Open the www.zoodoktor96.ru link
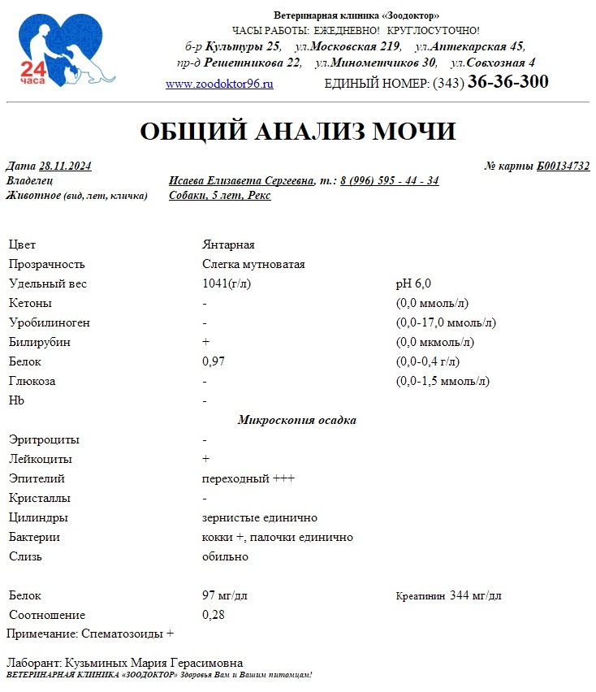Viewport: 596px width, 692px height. tap(219, 84)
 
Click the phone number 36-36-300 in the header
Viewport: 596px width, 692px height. tap(507, 82)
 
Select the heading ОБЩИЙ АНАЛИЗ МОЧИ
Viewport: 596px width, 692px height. tap(298, 132)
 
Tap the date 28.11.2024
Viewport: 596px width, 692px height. tap(65, 167)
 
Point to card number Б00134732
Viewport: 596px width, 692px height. tap(563, 167)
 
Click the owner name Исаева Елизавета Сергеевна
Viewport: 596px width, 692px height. tap(241, 180)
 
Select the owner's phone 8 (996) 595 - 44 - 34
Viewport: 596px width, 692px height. tap(390, 180)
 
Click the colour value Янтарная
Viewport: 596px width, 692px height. tap(228, 244)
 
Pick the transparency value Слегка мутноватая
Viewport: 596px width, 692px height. tap(253, 264)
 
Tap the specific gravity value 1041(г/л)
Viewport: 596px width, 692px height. tap(227, 283)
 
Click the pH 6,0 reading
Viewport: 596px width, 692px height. tap(413, 283)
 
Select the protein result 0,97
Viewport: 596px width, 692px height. tap(213, 361)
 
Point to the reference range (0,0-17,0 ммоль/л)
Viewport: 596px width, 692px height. tap(445, 322)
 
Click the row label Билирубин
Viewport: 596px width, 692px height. tap(39, 342)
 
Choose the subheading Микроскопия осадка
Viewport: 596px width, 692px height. tap(296, 420)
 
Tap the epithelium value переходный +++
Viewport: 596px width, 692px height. tap(248, 478)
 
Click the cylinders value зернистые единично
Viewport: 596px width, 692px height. tap(259, 517)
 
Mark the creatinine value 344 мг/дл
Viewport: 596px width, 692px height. tap(475, 595)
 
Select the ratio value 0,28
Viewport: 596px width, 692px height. tap(213, 615)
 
